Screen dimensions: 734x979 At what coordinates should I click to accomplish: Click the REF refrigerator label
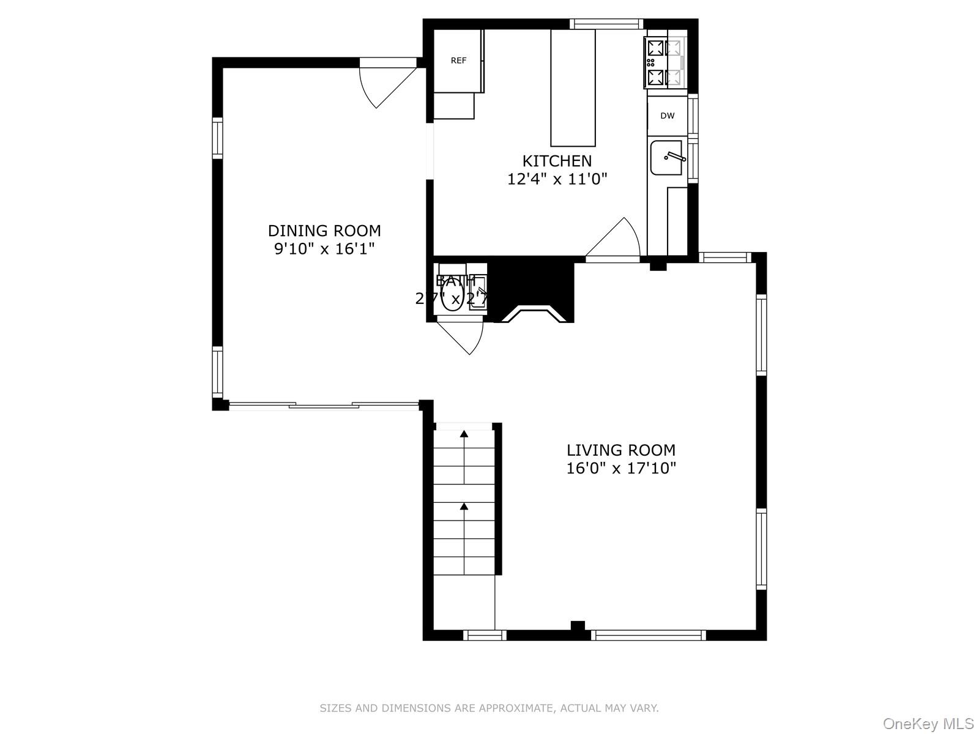tap(458, 61)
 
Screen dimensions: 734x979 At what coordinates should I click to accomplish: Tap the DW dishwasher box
tap(667, 116)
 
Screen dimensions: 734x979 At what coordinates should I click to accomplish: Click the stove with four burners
tap(664, 62)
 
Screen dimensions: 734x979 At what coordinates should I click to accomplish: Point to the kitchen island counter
tap(573, 87)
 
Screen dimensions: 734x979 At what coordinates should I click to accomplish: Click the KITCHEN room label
tap(557, 161)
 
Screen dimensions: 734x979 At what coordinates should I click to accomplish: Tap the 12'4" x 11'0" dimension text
tap(557, 179)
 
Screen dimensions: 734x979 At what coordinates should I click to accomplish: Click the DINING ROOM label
tap(324, 231)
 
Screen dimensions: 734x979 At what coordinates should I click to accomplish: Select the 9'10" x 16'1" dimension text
tap(324, 249)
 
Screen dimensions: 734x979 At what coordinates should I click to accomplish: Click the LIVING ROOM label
tap(620, 450)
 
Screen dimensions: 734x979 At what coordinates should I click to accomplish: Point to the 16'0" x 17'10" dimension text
tap(620, 469)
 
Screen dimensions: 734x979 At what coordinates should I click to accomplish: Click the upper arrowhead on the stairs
tap(464, 434)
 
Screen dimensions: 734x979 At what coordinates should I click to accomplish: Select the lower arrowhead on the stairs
tap(464, 506)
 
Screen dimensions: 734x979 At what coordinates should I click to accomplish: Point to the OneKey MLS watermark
tap(928, 724)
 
